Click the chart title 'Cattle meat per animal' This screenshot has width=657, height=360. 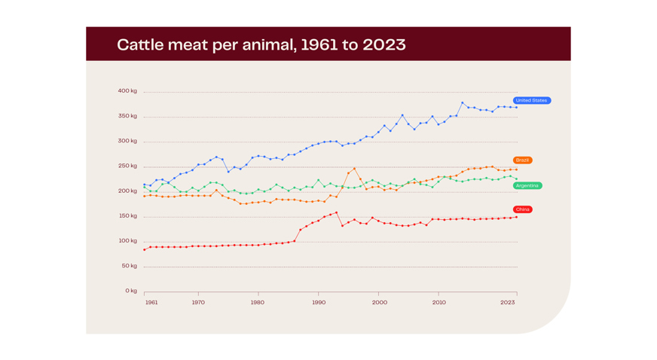click(261, 44)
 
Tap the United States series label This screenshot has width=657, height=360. click(531, 100)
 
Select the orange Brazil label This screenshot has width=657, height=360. click(522, 160)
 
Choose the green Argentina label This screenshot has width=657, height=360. click(527, 185)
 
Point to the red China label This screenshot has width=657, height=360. click(522, 209)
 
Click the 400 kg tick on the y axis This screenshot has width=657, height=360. click(127, 91)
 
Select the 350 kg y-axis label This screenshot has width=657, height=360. click(127, 116)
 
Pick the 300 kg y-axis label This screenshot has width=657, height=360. click(127, 141)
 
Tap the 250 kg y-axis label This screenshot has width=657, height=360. click(127, 166)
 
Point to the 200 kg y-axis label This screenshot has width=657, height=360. click(127, 191)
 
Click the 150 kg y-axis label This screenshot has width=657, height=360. click(127, 216)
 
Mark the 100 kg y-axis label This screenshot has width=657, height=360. click(127, 241)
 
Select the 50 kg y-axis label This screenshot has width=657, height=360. click(129, 266)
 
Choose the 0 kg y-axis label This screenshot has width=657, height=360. click(131, 291)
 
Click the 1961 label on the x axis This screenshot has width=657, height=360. click(151, 303)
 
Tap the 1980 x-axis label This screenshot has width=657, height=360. click(258, 303)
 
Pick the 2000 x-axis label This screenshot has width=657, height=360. click(379, 303)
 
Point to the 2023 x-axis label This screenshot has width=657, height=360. click(508, 303)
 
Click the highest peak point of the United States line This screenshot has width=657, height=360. click(463, 102)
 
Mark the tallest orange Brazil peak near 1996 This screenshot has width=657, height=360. click(354, 169)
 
